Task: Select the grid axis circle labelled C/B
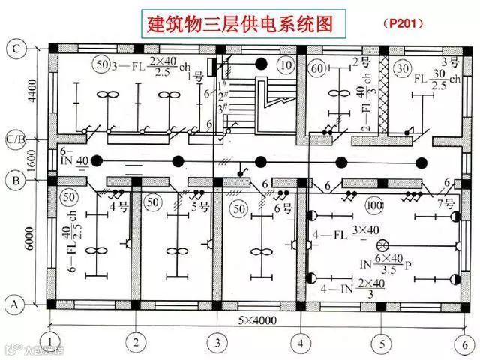pos(15,138)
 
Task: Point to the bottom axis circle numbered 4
pos(301,343)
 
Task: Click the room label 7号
pos(445,204)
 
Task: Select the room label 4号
pos(118,205)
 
